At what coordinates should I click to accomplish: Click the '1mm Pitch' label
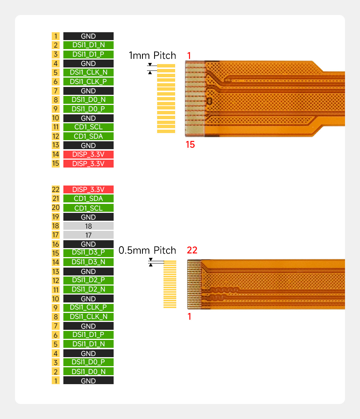click(x=152, y=55)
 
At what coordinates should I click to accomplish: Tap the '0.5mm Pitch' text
click(x=147, y=250)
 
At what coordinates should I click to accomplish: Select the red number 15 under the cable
click(x=190, y=144)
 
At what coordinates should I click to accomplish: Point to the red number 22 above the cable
click(x=192, y=250)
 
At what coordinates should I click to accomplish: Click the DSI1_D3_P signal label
click(x=88, y=253)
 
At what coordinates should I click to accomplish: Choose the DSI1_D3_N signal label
click(x=88, y=262)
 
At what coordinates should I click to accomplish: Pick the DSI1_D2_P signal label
click(x=88, y=280)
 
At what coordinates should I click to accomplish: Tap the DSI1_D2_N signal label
click(x=88, y=289)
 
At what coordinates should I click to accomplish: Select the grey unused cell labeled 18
click(x=88, y=226)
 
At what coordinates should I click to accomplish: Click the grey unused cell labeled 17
click(x=88, y=235)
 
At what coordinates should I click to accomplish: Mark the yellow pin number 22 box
click(x=55, y=189)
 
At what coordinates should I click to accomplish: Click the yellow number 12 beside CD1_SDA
click(x=55, y=136)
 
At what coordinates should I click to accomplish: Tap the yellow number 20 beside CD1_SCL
click(x=55, y=208)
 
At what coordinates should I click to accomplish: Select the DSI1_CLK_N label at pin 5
click(x=88, y=72)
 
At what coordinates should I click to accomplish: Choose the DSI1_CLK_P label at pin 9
click(x=88, y=307)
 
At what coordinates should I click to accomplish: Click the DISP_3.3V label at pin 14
click(x=88, y=154)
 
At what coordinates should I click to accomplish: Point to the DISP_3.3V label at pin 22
click(x=88, y=189)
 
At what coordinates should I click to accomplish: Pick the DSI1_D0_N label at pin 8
click(x=88, y=100)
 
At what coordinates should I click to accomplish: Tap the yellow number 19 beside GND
click(x=55, y=217)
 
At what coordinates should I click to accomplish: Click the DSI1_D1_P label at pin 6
click(x=88, y=335)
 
